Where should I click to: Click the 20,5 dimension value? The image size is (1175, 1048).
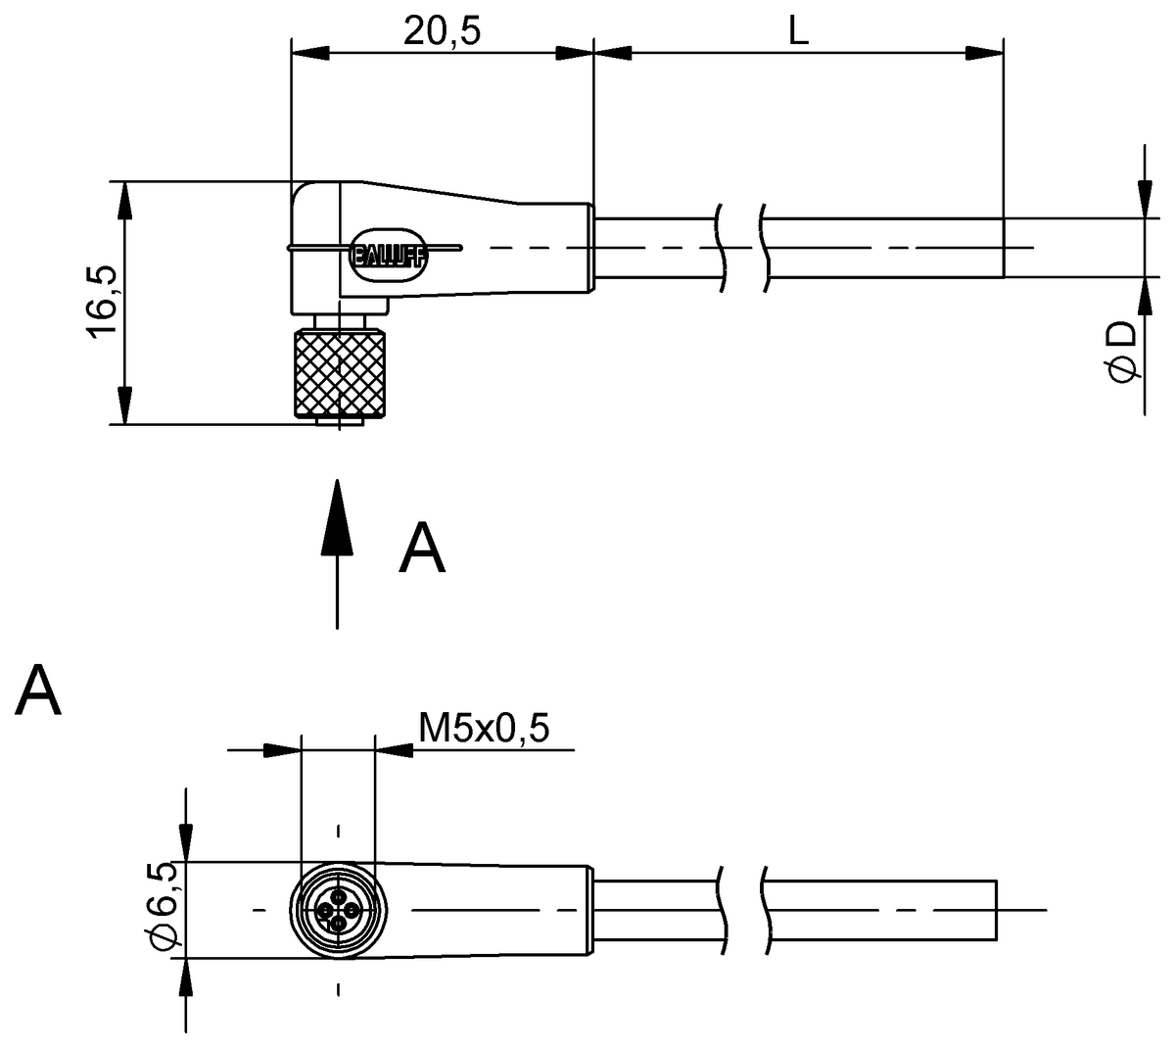click(443, 32)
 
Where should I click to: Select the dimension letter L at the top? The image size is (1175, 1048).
click(798, 32)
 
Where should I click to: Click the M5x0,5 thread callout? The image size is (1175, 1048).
click(484, 728)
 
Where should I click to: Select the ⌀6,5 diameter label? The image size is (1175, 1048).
click(164, 906)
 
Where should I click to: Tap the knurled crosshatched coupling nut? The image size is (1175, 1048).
click(339, 374)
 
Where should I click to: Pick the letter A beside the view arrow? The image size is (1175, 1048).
click(422, 548)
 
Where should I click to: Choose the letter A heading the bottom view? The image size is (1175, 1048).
click(39, 691)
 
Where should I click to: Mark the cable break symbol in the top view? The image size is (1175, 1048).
click(744, 248)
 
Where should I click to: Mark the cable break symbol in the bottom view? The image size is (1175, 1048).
click(744, 911)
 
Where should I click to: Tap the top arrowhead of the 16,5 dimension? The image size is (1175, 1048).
click(124, 201)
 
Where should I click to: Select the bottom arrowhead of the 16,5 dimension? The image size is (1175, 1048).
click(124, 405)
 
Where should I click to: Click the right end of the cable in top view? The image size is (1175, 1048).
click(1002, 248)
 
